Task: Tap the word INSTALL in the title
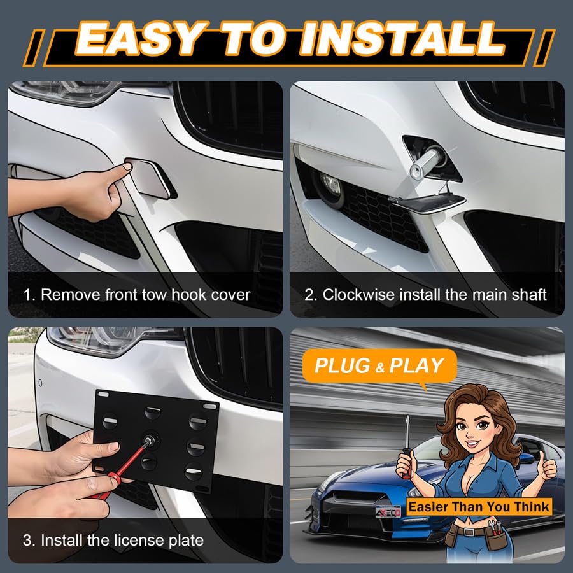point(402,39)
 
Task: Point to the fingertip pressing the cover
point(127,167)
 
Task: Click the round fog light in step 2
point(330,185)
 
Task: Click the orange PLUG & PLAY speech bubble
point(379,366)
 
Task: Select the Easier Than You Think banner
point(479,507)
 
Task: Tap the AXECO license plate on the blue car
point(388,512)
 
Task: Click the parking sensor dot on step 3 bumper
point(40,383)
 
